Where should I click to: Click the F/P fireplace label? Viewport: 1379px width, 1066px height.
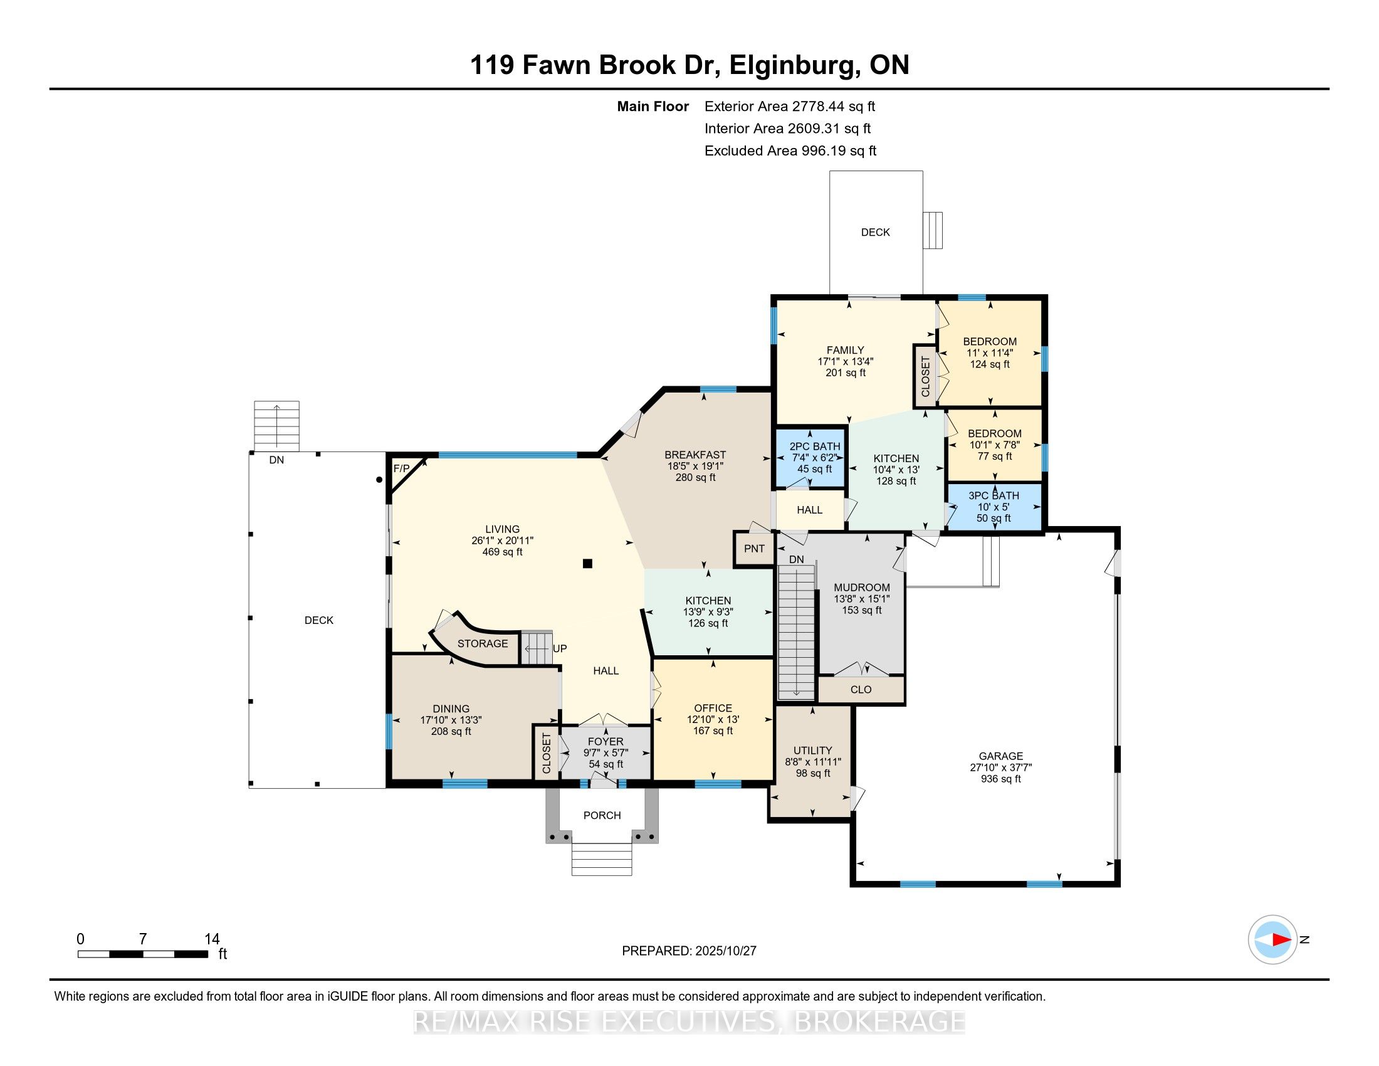[401, 468]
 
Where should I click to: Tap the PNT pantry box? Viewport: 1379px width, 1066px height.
[754, 548]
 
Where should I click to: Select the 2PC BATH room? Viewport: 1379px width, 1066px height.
[814, 457]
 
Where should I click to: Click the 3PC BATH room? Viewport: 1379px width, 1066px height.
[994, 507]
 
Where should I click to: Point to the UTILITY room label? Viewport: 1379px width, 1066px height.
[812, 750]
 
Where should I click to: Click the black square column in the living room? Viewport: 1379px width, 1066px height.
[587, 564]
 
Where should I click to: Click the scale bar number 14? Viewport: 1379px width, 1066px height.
[212, 939]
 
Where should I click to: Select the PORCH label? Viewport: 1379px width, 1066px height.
[602, 815]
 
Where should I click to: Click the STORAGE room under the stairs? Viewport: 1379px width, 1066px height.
[483, 643]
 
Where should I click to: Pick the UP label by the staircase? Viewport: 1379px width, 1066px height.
[559, 648]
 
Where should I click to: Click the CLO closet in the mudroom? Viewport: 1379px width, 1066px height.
[861, 690]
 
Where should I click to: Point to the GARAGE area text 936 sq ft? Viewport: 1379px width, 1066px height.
[1001, 779]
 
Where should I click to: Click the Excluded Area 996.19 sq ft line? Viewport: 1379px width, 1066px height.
[790, 151]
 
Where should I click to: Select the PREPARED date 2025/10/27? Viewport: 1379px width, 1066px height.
[689, 951]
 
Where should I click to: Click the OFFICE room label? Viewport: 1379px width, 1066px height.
[713, 708]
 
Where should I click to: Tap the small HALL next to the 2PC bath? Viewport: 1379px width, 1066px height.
[809, 510]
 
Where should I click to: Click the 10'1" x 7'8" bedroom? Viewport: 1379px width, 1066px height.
[995, 444]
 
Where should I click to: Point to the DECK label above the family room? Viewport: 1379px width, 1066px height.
[875, 233]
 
